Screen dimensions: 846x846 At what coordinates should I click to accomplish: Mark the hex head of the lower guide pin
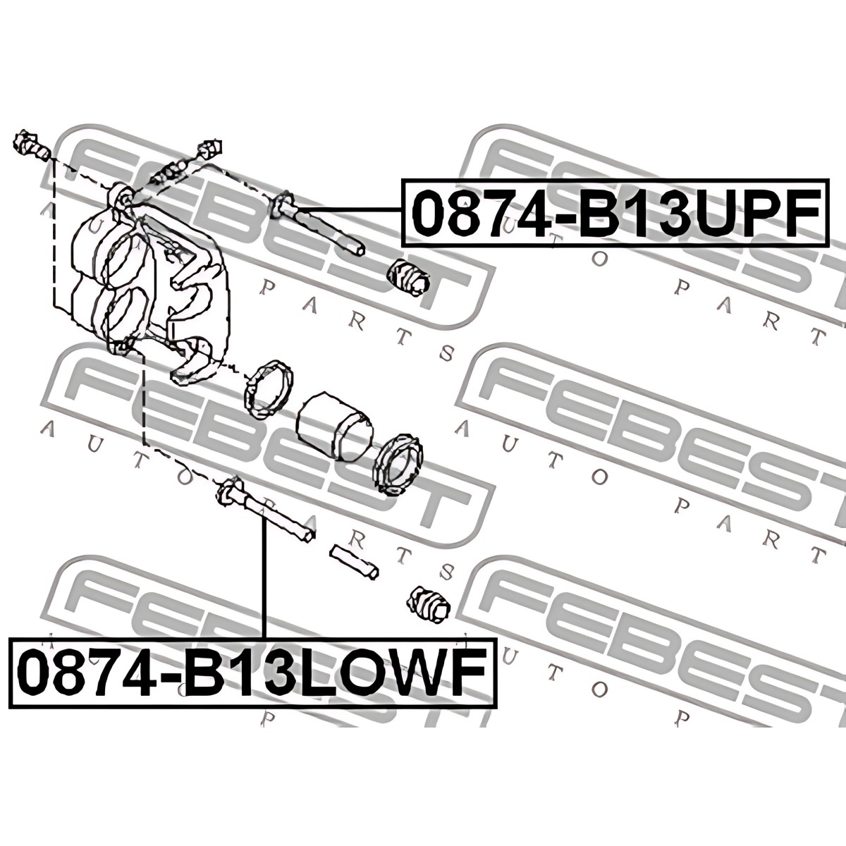[228, 492]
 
